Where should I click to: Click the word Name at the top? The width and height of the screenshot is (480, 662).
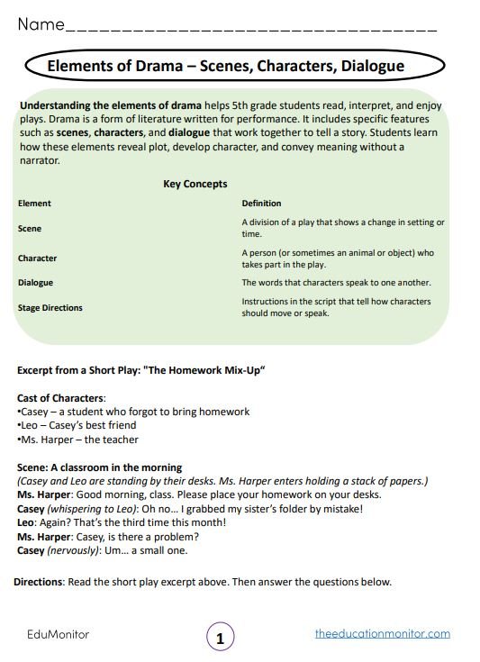(x=41, y=24)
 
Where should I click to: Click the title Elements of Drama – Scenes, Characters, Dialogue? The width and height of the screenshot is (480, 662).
(x=225, y=67)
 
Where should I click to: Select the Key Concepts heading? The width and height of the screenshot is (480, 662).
(x=195, y=184)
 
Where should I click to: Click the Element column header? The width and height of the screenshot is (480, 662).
(x=34, y=204)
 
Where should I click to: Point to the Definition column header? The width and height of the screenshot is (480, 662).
(x=261, y=204)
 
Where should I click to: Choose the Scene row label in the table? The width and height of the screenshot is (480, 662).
(x=30, y=229)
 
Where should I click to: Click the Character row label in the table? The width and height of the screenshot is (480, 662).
(x=37, y=258)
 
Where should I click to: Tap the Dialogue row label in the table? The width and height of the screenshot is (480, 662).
(x=35, y=283)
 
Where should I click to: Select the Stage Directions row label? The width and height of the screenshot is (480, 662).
(x=50, y=308)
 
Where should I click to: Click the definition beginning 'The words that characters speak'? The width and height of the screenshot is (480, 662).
(x=336, y=283)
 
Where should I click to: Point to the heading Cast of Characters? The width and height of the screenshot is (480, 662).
(x=61, y=397)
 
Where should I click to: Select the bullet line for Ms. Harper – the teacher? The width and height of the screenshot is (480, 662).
(x=77, y=440)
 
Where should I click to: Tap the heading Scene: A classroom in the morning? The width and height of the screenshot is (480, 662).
(x=99, y=467)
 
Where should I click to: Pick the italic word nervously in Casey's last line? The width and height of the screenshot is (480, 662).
(x=77, y=550)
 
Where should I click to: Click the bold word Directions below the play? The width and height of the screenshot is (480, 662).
(x=39, y=582)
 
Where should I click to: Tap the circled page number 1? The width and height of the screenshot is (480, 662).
(x=221, y=637)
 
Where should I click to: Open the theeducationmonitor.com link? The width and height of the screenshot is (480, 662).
(x=383, y=634)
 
